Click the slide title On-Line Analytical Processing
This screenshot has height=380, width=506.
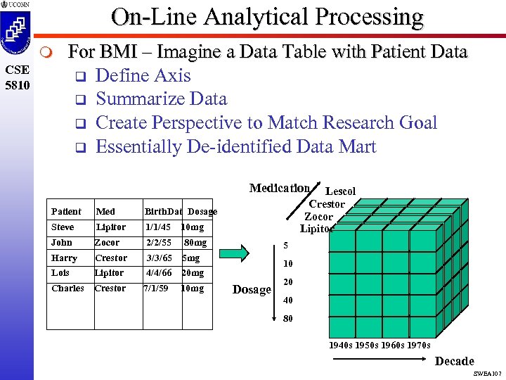coord(267,17)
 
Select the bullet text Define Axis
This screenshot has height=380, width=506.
coord(143,75)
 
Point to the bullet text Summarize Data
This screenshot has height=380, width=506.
coord(161,99)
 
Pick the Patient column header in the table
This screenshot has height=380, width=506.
coord(66,211)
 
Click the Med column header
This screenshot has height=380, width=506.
coord(105,211)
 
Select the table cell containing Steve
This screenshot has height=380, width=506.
coord(63,227)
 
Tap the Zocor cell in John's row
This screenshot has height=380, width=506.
coord(107,243)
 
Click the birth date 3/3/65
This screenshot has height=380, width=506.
coord(159,258)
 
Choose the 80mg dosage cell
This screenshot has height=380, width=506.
coord(195,243)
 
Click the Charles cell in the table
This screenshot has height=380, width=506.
coord(67,289)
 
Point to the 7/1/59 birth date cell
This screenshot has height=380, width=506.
coord(156,289)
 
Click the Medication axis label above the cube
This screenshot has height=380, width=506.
coord(279,188)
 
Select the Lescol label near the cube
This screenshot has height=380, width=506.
coord(341,191)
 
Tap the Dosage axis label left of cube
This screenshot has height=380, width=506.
coord(252,290)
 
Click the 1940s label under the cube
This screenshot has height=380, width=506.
coord(342,345)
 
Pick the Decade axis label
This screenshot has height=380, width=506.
coord(454,361)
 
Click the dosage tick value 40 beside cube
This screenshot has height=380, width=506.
coord(288,300)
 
